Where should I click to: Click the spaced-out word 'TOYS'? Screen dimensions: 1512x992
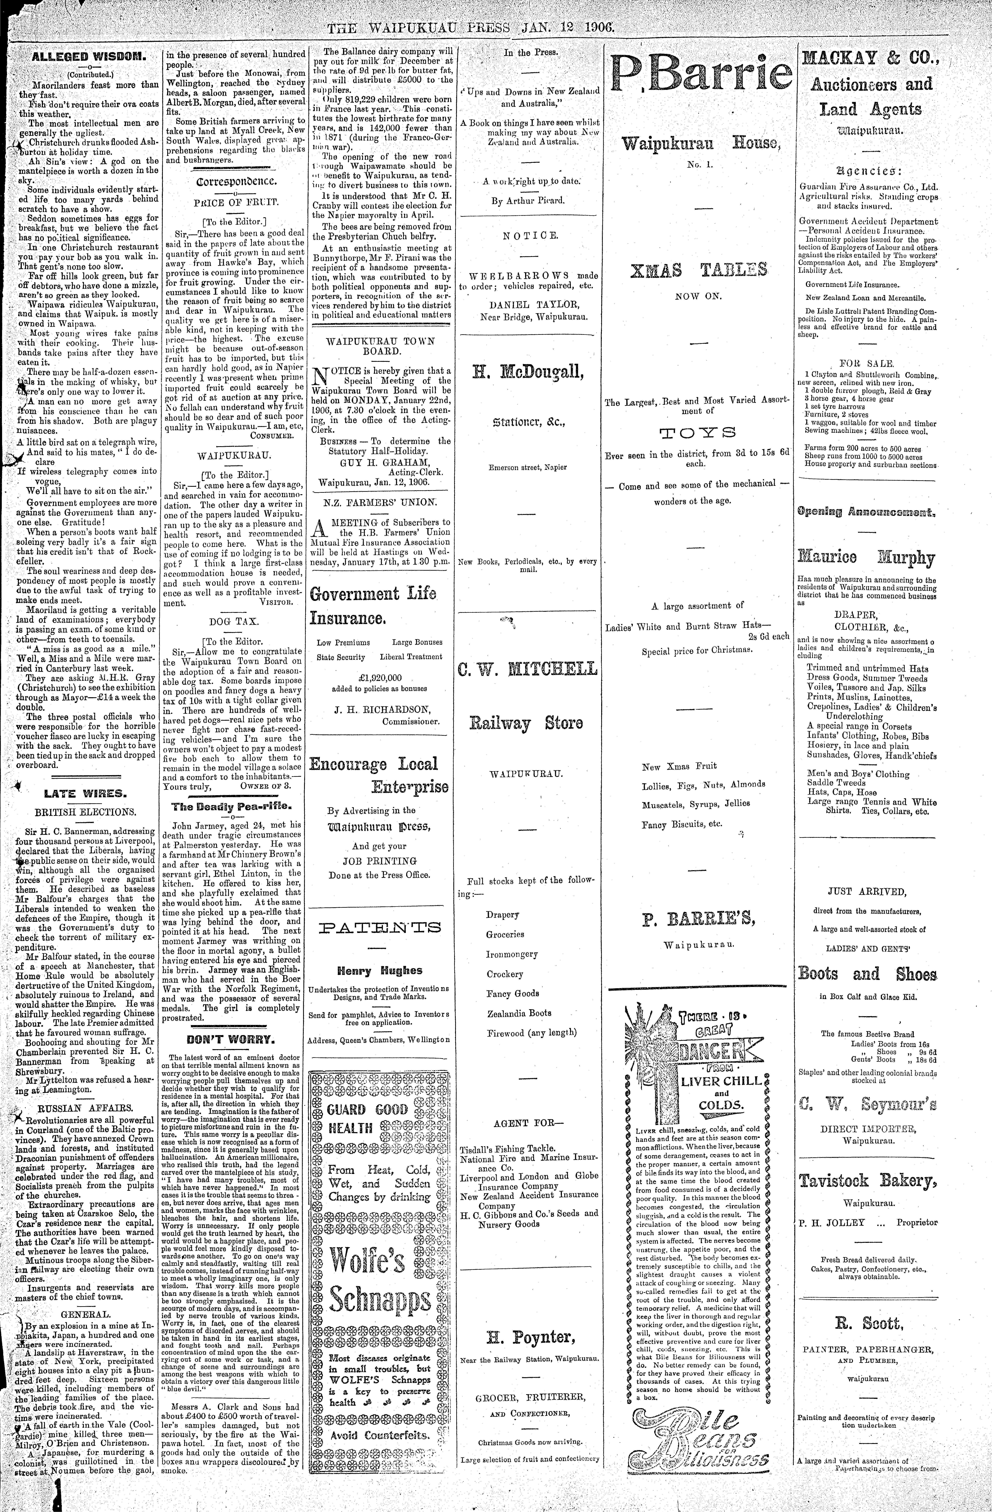tap(697, 434)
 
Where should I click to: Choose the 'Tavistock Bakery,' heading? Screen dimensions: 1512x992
tap(868, 1181)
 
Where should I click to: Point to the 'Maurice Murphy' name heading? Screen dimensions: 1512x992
tap(868, 558)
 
